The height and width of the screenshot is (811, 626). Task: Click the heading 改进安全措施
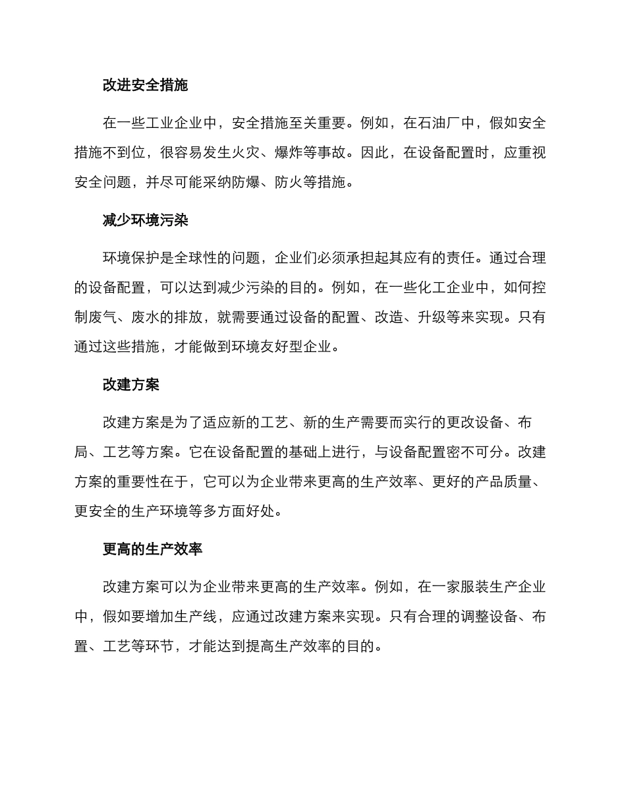[x=145, y=85]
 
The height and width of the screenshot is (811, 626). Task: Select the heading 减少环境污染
[x=145, y=220]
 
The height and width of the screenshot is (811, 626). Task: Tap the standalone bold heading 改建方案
[x=130, y=385]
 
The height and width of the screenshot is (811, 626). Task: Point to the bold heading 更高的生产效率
[x=152, y=549]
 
